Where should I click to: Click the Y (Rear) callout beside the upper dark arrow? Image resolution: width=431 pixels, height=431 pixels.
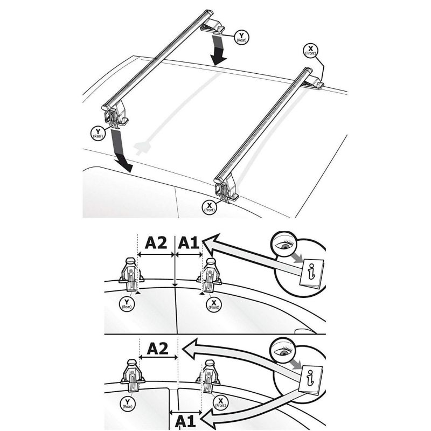tap(241, 37)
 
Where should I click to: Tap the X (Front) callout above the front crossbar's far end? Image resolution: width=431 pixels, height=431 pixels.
tap(310, 51)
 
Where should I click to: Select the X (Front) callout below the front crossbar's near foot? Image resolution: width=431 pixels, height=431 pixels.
tap(209, 207)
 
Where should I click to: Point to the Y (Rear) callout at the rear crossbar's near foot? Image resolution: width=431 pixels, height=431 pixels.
tap(98, 134)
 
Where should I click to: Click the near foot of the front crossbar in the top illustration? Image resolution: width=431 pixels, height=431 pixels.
tap(226, 190)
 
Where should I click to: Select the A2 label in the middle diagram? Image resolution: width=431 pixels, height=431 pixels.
tap(156, 243)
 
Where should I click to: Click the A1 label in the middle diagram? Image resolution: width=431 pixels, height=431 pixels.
tap(188, 243)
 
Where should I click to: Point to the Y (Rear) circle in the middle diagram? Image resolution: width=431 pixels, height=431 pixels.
tap(127, 304)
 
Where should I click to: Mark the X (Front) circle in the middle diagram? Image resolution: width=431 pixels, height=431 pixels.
tap(213, 304)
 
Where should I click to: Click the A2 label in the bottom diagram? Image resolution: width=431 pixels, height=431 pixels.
tap(157, 349)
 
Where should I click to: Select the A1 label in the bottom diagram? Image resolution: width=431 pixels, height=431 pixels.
tap(185, 421)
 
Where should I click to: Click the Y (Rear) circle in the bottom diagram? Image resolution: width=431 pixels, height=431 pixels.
tap(127, 404)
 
